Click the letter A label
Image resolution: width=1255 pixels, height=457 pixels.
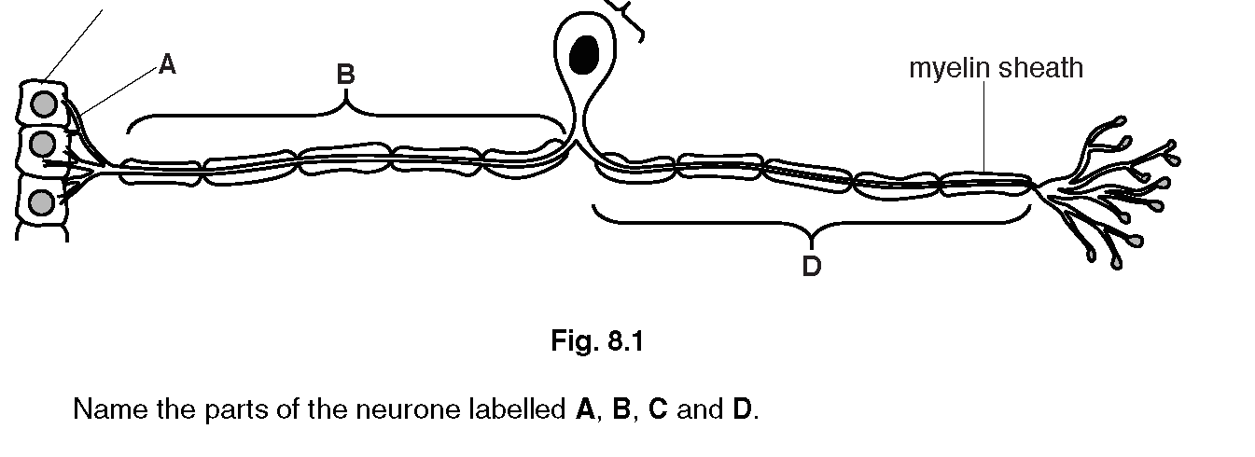[x=167, y=64]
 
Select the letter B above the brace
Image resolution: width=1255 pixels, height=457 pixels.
[x=345, y=75]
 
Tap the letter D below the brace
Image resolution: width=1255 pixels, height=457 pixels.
[x=811, y=267]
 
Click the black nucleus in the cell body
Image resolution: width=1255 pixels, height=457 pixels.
[x=585, y=54]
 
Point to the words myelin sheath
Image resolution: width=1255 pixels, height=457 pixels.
[x=996, y=68]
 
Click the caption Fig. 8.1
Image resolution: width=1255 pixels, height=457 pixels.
[x=597, y=342]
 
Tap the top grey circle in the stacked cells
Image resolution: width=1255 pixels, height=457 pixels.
[x=42, y=104]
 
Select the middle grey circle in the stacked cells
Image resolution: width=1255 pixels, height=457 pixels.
[x=42, y=145]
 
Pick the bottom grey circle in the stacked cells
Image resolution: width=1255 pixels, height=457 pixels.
[x=42, y=202]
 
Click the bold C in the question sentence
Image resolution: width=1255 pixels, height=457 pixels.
[x=659, y=409]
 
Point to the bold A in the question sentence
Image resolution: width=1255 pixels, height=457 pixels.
[x=585, y=409]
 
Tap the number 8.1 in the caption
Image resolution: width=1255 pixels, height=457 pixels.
[x=625, y=342]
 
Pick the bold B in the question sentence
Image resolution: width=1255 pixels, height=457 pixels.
[x=621, y=409]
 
